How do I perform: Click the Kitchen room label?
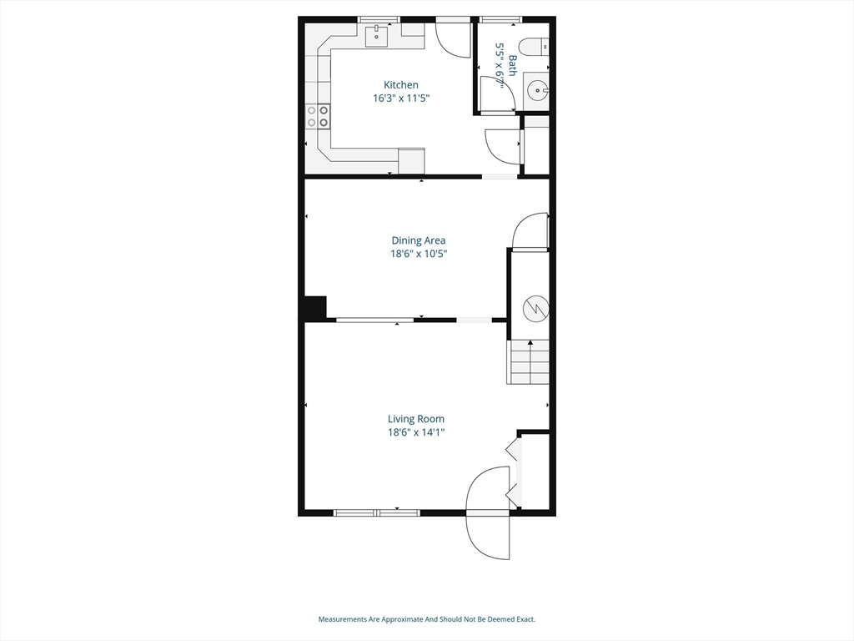[400, 85]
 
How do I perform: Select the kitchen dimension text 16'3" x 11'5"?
[400, 98]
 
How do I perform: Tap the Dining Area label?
[419, 241]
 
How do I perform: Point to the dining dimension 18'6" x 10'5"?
[419, 255]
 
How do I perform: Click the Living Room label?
[415, 419]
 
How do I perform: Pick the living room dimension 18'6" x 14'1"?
[415, 432]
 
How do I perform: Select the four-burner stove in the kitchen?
[317, 116]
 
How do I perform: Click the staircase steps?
[529, 362]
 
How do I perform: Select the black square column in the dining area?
[316, 308]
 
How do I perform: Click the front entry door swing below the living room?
[488, 513]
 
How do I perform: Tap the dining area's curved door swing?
[530, 232]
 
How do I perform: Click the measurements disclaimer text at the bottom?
[426, 619]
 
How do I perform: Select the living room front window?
[376, 512]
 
